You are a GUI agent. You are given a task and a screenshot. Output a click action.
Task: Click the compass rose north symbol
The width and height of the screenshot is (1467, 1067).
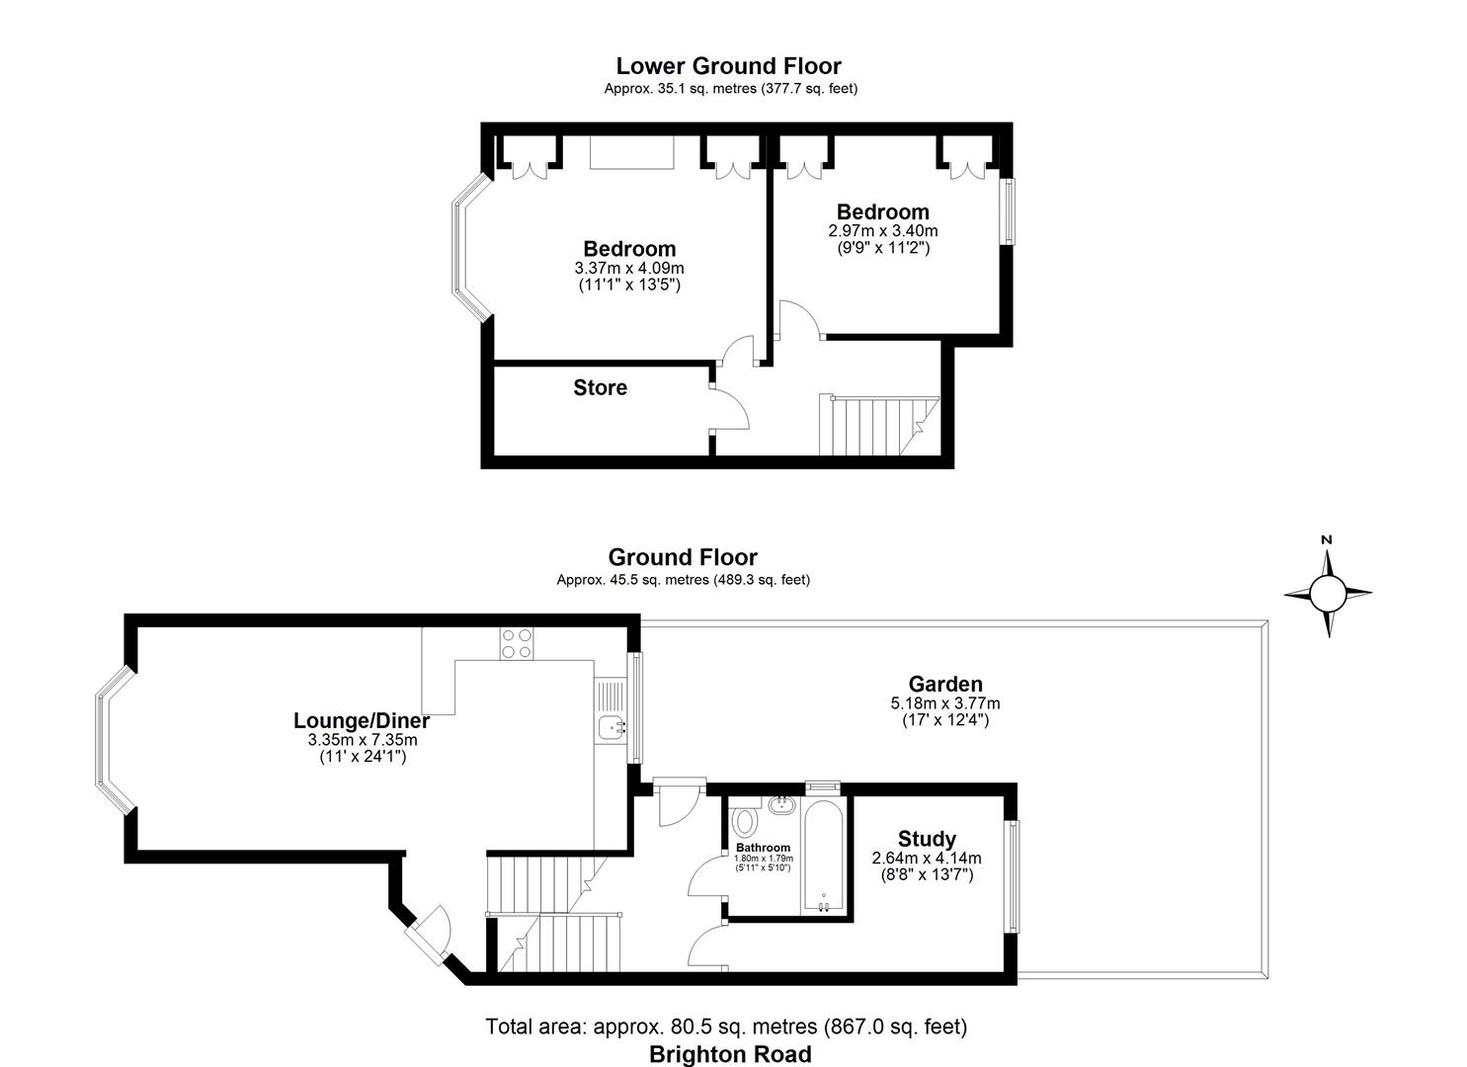coord(1328,593)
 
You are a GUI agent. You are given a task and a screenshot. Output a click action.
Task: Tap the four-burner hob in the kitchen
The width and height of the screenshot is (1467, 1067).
coord(517,643)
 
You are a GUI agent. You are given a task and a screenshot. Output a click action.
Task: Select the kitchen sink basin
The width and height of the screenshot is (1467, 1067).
coord(611,728)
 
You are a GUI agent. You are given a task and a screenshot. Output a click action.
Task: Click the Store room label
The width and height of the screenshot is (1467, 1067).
coord(600,387)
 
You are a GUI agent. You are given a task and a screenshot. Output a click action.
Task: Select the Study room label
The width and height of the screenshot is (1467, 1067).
coord(927,839)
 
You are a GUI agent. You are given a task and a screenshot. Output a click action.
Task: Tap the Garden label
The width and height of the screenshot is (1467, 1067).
coord(945,684)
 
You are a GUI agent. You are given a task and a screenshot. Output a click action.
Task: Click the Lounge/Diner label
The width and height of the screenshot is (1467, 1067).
coord(362,720)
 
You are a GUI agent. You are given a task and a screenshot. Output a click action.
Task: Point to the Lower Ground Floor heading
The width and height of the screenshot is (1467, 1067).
coord(728,66)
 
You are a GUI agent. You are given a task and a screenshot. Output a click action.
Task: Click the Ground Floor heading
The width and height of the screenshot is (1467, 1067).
coord(683,557)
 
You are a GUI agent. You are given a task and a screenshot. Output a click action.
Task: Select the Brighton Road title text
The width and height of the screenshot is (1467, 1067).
coord(730,1054)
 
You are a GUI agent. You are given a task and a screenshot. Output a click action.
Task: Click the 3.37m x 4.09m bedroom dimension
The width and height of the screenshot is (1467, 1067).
coord(629,268)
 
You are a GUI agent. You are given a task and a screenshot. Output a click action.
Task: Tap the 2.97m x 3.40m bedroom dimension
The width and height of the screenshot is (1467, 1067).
coord(882,230)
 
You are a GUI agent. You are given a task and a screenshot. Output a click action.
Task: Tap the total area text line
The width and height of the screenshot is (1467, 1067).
coord(726,1026)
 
